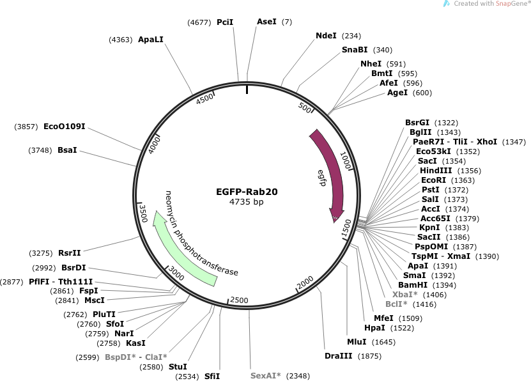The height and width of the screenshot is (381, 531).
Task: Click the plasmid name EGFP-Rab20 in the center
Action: [x=247, y=192]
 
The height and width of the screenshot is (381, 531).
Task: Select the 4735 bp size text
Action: [x=246, y=202]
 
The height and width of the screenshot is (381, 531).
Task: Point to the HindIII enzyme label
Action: [x=436, y=170]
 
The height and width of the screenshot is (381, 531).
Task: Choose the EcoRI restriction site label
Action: [x=433, y=180]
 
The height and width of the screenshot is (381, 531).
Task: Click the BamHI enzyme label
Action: [x=413, y=285]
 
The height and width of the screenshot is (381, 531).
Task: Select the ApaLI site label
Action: [x=151, y=39]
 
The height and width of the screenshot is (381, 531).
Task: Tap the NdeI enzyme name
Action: [x=326, y=36]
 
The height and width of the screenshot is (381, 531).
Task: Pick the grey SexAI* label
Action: [x=266, y=375]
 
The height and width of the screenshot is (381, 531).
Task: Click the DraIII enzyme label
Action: [x=338, y=355]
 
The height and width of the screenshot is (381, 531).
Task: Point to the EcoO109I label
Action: [x=65, y=127]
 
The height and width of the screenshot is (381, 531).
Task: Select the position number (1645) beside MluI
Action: [x=383, y=342]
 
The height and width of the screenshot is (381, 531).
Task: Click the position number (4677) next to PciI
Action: [x=199, y=22]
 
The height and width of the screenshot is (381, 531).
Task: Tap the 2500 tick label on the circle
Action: [x=239, y=300]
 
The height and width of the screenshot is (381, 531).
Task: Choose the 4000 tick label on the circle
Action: [x=154, y=144]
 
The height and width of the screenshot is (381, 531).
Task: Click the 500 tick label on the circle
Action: [x=305, y=107]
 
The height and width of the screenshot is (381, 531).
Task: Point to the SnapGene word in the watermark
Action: [x=511, y=4]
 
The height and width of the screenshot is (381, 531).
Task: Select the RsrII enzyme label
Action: [x=70, y=253]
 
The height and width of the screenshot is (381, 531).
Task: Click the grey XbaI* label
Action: [x=405, y=294]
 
